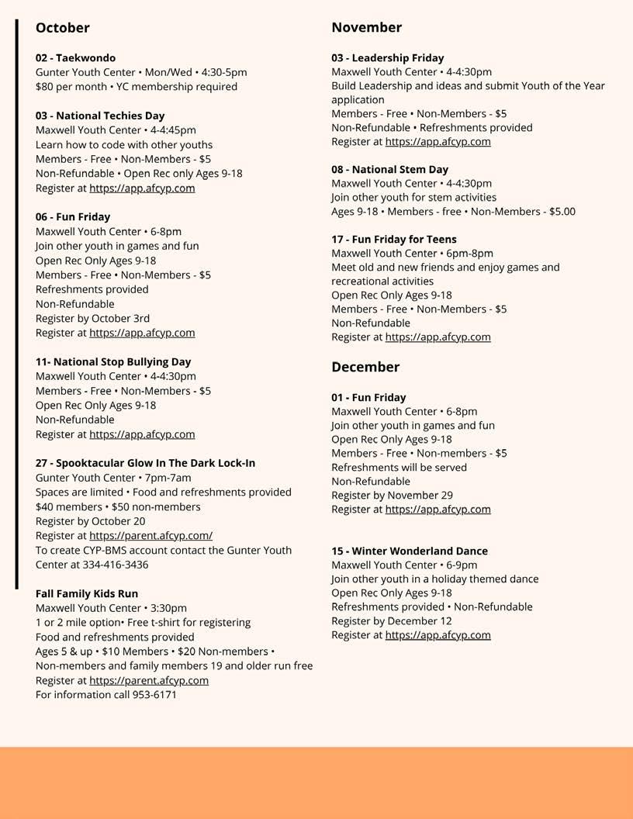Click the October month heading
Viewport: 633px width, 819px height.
pyautogui.click(x=62, y=28)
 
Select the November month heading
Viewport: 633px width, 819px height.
pyautogui.click(x=366, y=27)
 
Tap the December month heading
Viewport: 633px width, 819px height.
pyautogui.click(x=365, y=367)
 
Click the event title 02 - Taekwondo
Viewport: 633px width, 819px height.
pyautogui.click(x=75, y=58)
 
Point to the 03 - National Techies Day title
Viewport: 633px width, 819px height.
pyautogui.click(x=100, y=116)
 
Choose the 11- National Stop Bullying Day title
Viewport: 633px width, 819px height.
pyautogui.click(x=113, y=361)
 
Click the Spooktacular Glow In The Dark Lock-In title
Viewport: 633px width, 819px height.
pyautogui.click(x=145, y=463)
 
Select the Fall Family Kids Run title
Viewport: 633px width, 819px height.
pyautogui.click(x=87, y=593)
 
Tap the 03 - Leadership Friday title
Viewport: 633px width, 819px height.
pyautogui.click(x=388, y=58)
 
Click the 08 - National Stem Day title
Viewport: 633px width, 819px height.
pyautogui.click(x=389, y=169)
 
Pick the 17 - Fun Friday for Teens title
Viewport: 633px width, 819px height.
pyautogui.click(x=394, y=239)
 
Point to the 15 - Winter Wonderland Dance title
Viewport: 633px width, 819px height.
pyautogui.click(x=410, y=551)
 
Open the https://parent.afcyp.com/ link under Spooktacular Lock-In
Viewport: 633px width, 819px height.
pyautogui.click(x=150, y=535)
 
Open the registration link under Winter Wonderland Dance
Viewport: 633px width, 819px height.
pyautogui.click(x=438, y=634)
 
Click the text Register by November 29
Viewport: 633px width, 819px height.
pyautogui.click(x=392, y=495)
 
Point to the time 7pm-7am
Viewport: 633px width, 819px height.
pyautogui.click(x=167, y=478)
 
